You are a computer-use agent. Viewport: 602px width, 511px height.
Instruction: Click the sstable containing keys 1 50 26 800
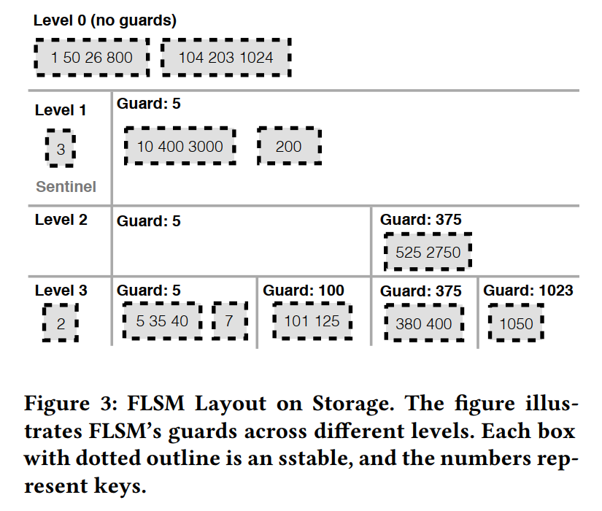pos(92,57)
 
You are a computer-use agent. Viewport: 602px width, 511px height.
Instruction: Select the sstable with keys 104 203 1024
pos(225,57)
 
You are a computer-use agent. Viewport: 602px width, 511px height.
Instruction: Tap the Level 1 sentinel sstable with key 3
pos(61,149)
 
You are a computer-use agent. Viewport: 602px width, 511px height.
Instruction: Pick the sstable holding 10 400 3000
pos(180,147)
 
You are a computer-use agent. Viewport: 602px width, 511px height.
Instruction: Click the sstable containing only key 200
pos(289,147)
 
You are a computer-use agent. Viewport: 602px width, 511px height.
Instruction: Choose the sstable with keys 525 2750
pos(428,252)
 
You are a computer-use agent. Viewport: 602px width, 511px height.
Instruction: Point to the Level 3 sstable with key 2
pos(61,323)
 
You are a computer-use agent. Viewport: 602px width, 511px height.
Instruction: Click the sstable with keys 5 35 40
pos(162,321)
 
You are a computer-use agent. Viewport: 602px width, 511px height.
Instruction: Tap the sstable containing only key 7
pos(229,321)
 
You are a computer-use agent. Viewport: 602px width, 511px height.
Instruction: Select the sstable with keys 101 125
pos(312,321)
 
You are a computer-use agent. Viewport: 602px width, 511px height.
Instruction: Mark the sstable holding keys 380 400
pos(424,323)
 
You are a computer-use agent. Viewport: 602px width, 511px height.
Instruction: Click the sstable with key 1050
pos(516,323)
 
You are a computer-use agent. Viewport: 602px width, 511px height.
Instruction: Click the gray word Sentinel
pos(66,187)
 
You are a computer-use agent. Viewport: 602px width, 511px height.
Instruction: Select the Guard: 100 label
pos(304,291)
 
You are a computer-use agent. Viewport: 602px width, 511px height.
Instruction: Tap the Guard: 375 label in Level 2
pos(421,219)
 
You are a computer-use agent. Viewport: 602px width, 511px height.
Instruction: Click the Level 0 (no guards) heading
pos(105,20)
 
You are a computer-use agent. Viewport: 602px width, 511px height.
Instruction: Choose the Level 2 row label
pos(61,219)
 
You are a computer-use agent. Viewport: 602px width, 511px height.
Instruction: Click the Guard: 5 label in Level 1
pos(149,104)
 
